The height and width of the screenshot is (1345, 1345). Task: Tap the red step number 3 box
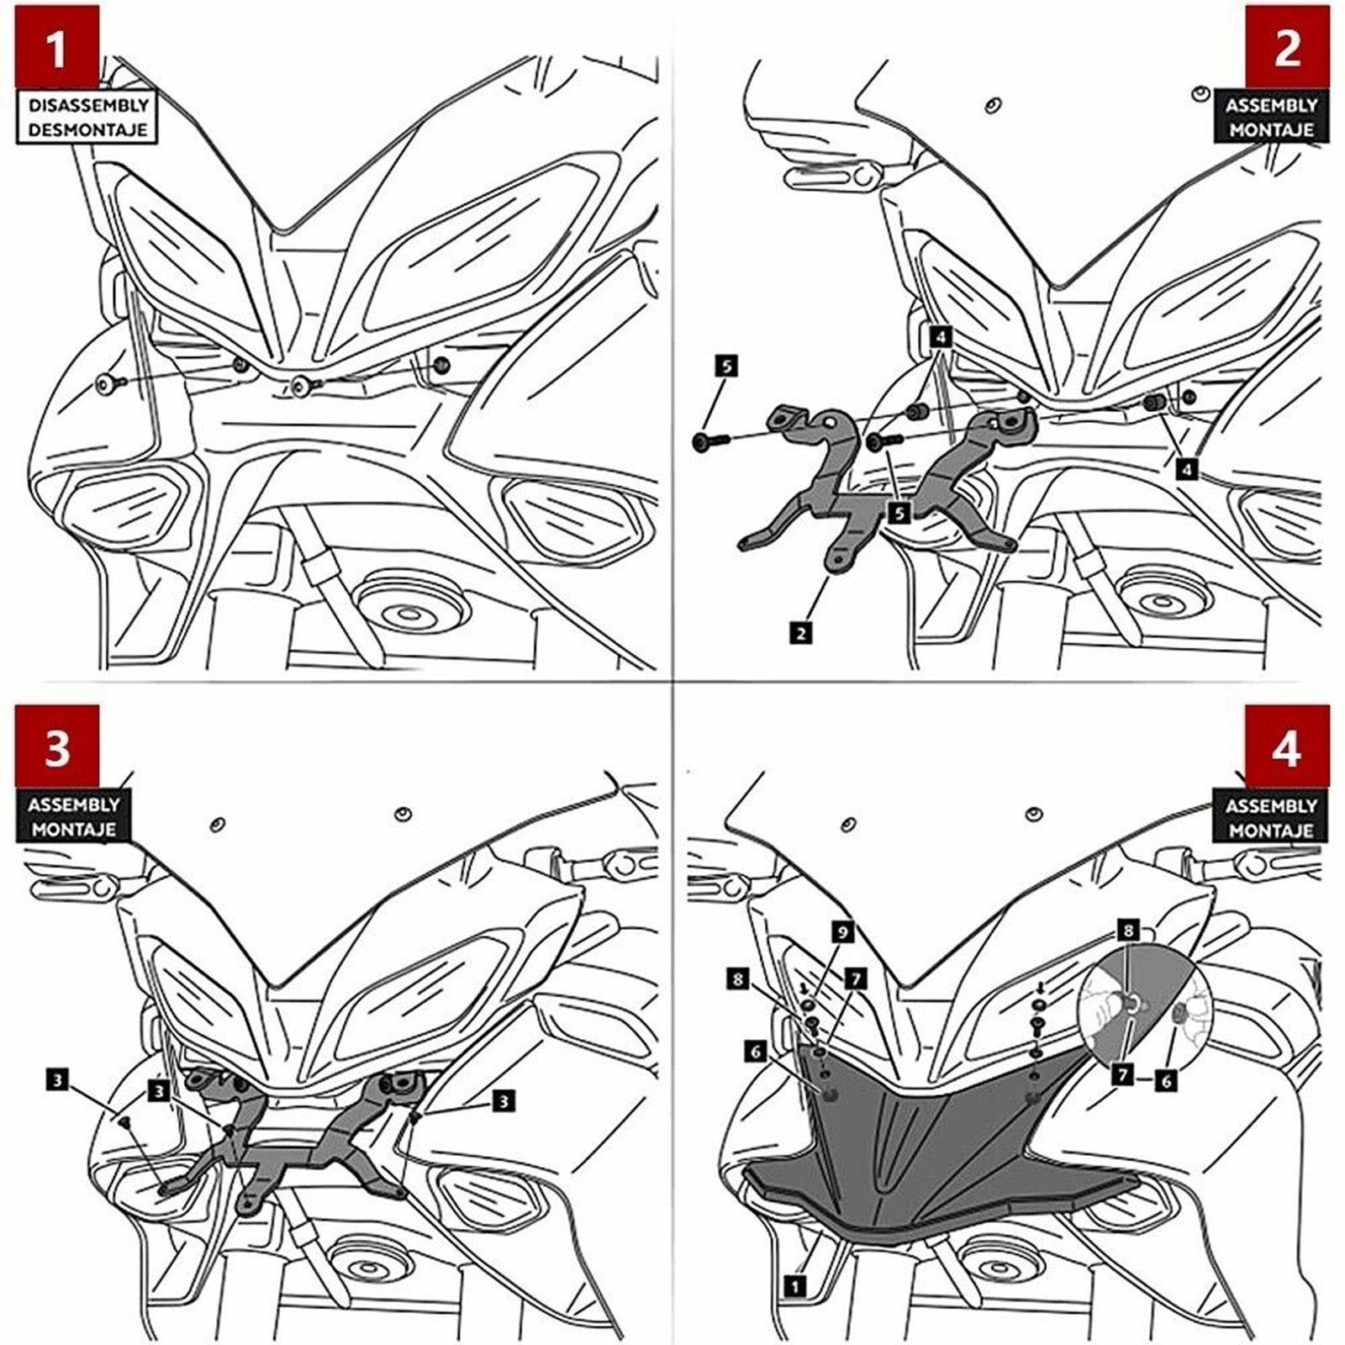point(56,746)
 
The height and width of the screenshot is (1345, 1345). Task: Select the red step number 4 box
point(1287,746)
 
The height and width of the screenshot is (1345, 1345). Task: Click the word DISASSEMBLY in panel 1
point(87,106)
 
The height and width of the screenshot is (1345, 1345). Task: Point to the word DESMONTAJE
point(87,130)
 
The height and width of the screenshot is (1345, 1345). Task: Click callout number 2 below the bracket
point(801,632)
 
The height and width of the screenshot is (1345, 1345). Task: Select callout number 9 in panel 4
point(842,931)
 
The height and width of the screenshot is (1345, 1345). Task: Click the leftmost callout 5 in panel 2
point(726,366)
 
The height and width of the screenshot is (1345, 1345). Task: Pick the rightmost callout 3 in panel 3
point(504,1100)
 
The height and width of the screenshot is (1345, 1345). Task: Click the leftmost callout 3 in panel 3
point(57,1079)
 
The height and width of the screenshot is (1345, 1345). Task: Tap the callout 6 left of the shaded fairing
point(756,1051)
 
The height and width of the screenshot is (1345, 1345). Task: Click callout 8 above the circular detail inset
point(1129,931)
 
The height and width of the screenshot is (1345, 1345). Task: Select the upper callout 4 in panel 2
point(941,337)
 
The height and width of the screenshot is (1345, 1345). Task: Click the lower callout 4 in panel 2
point(1186,468)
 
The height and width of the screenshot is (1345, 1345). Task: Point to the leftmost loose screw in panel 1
point(108,385)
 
